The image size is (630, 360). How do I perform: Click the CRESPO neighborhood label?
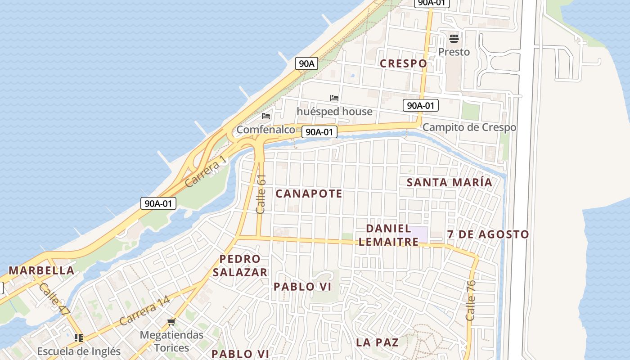tap(403, 63)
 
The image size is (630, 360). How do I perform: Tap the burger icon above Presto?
tap(454, 39)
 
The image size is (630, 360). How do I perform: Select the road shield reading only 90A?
tap(306, 63)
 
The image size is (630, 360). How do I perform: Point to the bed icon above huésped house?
tap(334, 98)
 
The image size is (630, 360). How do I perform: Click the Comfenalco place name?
tap(265, 130)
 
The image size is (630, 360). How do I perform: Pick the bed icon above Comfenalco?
tap(266, 116)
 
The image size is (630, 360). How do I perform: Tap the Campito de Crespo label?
tap(469, 127)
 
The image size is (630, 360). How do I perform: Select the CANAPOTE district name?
tap(309, 194)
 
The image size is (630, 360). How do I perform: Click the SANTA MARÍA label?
tap(450, 182)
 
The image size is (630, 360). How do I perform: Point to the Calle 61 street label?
tap(261, 194)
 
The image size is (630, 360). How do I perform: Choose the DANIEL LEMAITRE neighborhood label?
tap(388, 235)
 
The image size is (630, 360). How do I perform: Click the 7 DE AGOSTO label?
tap(488, 234)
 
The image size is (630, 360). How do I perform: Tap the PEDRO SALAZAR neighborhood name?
tap(240, 265)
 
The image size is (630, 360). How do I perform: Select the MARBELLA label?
tap(41, 270)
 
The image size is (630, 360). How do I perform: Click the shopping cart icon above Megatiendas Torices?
tap(171, 322)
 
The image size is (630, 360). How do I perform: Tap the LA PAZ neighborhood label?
tap(377, 342)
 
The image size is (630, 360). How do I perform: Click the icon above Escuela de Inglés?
tap(79, 337)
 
